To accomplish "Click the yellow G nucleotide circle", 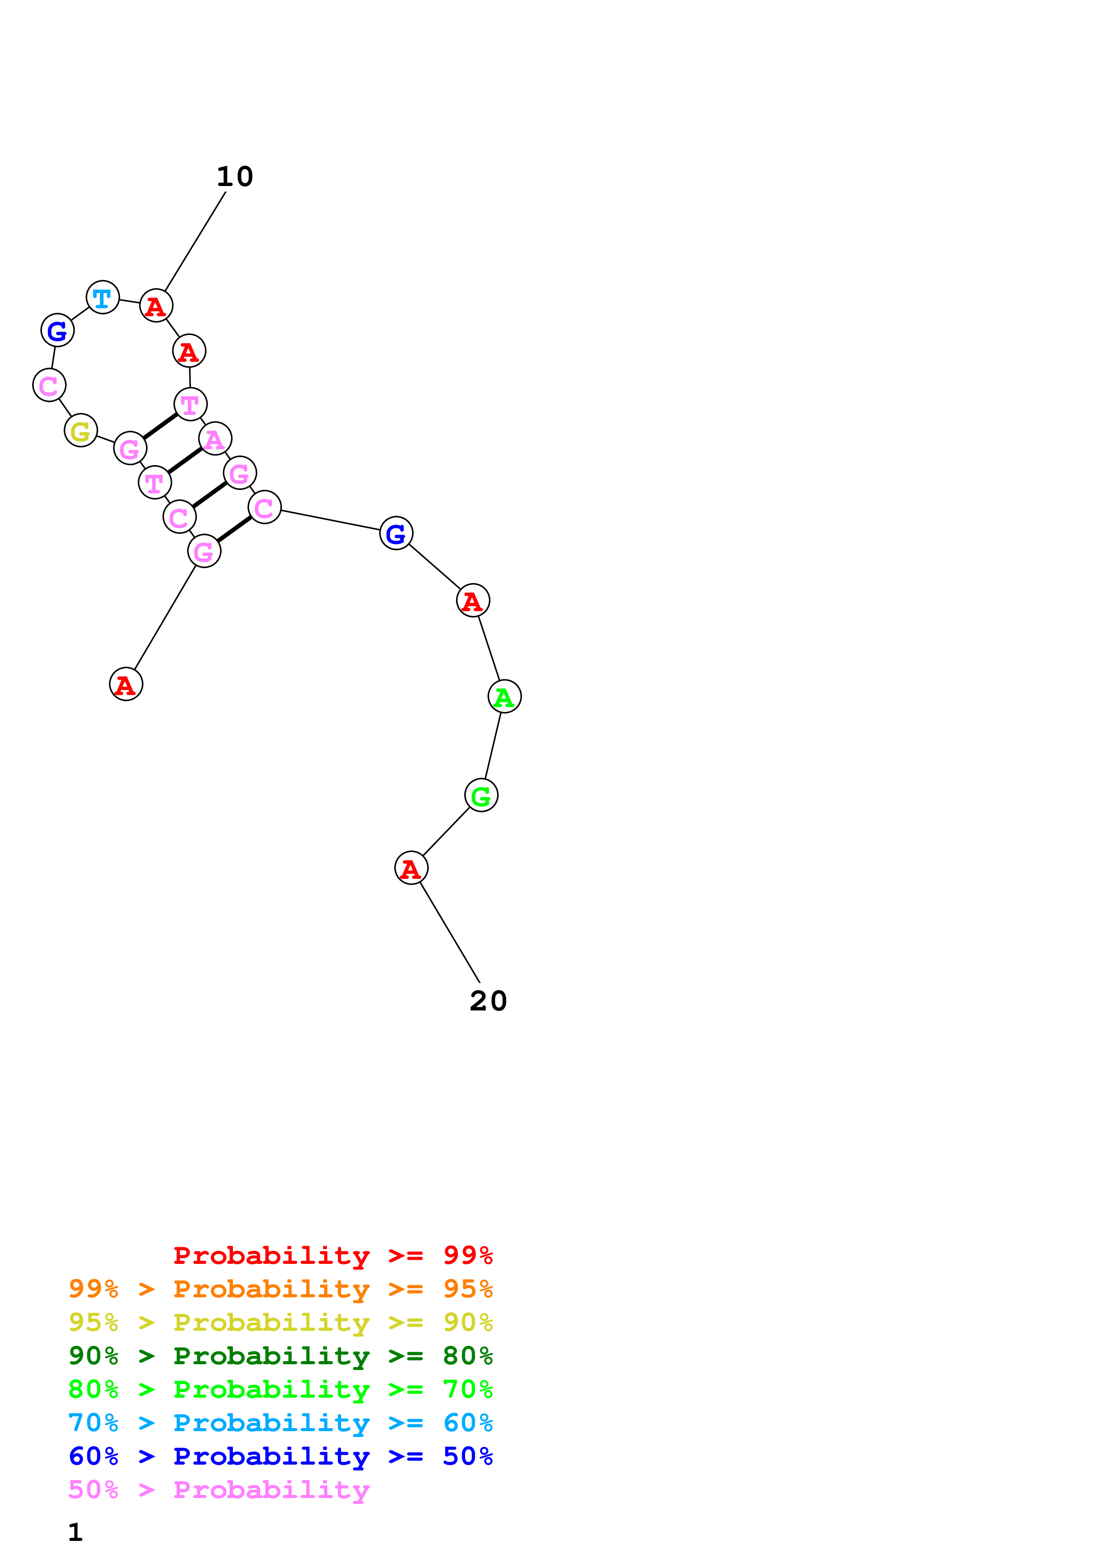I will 80,430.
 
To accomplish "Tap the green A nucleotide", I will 504,696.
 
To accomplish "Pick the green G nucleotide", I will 481,795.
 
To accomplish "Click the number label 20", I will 488,1001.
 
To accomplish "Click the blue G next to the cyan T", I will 57,331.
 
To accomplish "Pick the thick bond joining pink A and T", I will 185,460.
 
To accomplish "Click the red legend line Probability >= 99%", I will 332,1255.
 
